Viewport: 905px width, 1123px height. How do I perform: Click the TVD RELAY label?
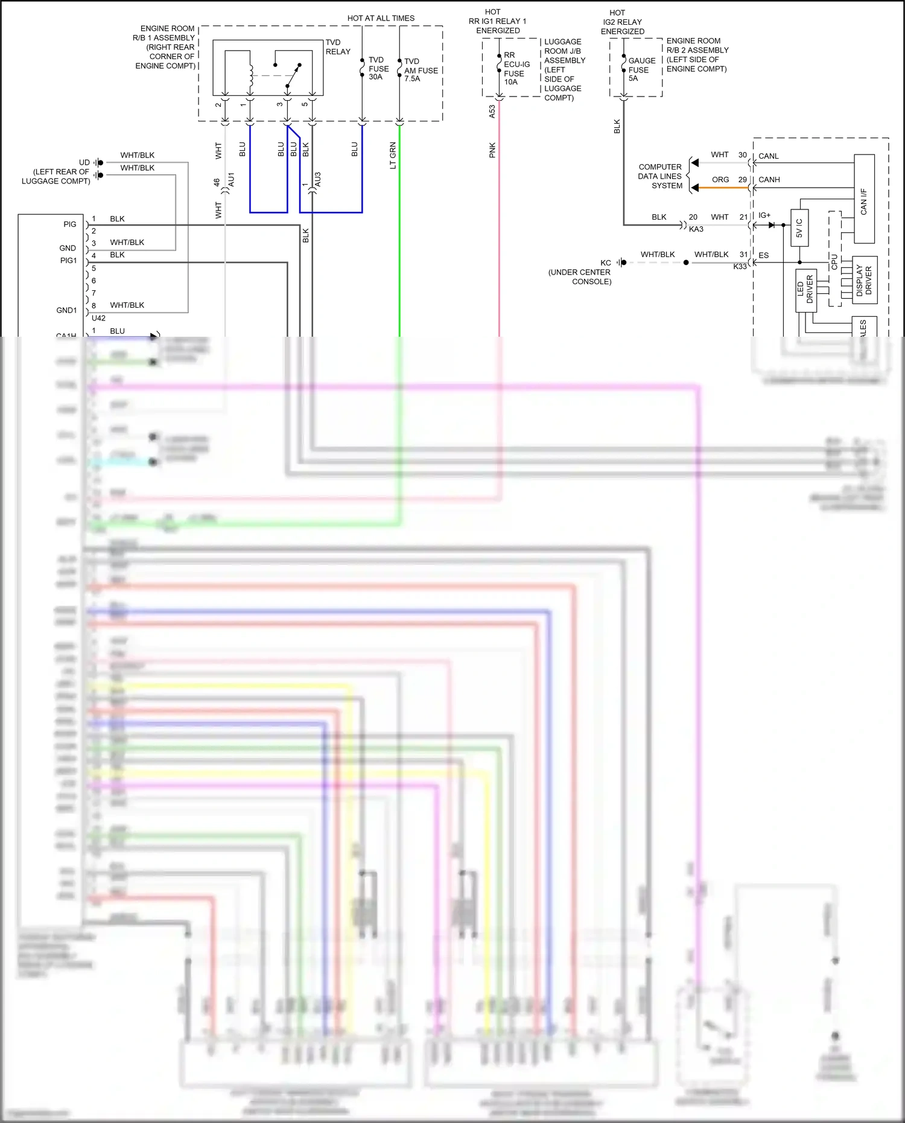coord(337,47)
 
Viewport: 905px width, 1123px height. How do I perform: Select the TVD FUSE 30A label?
coord(378,69)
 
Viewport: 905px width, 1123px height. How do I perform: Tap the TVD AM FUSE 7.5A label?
coord(421,70)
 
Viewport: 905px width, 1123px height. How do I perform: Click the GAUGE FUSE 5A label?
coord(641,69)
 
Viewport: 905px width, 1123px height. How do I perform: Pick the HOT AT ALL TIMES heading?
coord(381,18)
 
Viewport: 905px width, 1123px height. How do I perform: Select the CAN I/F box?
coord(864,199)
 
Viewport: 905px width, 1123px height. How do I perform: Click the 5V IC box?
coord(799,228)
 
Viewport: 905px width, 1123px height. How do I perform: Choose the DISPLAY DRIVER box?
coord(864,281)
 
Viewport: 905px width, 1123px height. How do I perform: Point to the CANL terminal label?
coord(768,156)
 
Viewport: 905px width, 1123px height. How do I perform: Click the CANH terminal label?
coord(769,180)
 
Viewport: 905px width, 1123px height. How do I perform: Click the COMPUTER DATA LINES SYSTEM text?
coord(660,176)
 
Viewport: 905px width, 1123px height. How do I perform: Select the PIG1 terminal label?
coord(68,261)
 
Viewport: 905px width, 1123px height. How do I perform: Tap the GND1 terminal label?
coord(66,310)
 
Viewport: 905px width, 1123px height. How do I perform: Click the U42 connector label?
coord(98,318)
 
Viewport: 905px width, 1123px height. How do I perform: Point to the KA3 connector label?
coord(696,229)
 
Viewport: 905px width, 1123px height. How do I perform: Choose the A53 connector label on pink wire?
coord(492,111)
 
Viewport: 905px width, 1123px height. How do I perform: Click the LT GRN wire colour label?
coord(393,156)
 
